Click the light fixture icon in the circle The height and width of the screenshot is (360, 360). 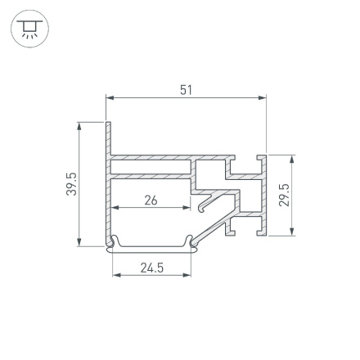click(30, 29)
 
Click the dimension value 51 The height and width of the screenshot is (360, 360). click(186, 89)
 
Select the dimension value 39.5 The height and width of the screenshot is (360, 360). click(71, 183)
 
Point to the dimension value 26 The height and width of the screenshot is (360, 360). click(151, 200)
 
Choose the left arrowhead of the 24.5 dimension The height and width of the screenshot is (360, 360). click(116, 275)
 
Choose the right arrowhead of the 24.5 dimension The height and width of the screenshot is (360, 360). click(187, 275)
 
